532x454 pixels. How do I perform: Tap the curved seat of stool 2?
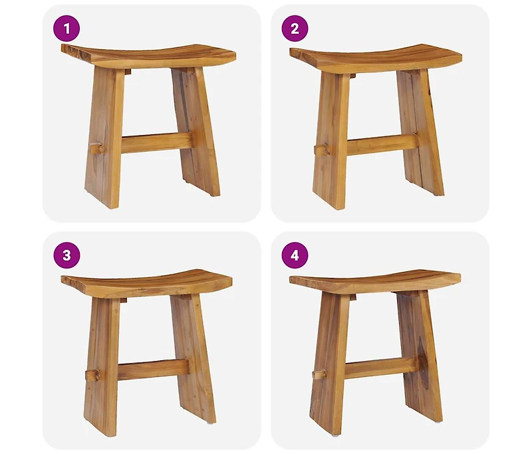coord(376,56)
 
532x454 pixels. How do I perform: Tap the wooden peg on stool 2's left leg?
coord(321,150)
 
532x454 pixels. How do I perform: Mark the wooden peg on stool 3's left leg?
coord(92,375)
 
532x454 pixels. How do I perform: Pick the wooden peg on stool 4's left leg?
coord(319,374)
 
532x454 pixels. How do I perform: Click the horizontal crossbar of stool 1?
coord(156,142)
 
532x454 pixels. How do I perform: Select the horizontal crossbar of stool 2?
coord(382,142)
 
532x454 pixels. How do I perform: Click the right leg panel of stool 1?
coord(196,133)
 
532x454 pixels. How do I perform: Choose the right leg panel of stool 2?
coord(422,133)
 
